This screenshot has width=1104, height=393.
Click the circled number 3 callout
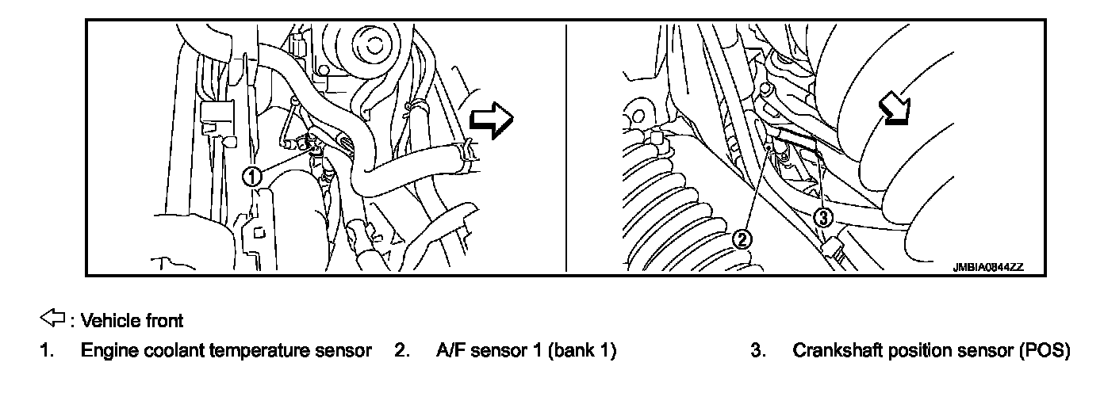click(x=825, y=215)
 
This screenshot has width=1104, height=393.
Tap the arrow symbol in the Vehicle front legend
click(x=50, y=319)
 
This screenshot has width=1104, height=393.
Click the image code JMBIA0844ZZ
click(x=987, y=268)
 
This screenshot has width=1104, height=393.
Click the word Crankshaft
click(x=834, y=349)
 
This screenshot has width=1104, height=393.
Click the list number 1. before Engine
click(x=47, y=349)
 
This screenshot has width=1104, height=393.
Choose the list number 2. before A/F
click(x=402, y=349)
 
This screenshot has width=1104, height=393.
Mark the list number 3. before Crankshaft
click(x=757, y=349)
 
